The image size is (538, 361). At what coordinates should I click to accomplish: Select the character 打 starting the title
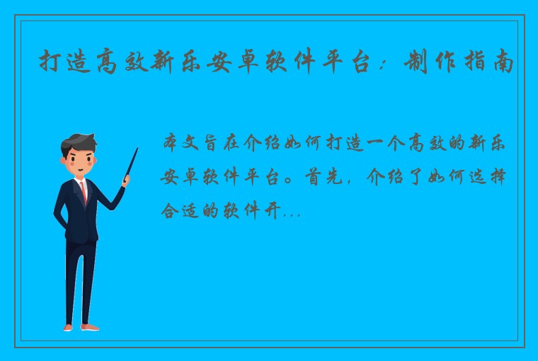coord(49,62)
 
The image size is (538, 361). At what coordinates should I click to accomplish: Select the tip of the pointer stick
coord(137,149)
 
